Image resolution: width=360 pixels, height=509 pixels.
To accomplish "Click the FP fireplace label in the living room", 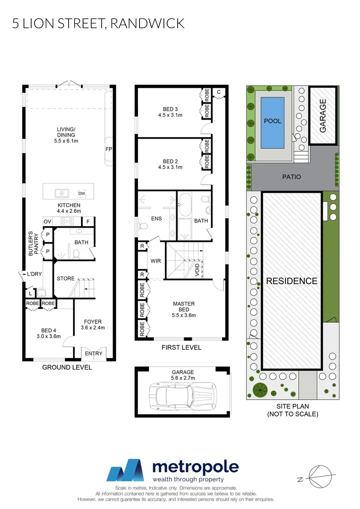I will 108,149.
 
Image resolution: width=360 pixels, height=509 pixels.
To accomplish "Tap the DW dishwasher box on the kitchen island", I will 82,193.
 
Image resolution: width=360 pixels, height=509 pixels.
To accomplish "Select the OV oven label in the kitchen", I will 47,222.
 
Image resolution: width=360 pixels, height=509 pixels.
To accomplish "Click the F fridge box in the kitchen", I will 88,222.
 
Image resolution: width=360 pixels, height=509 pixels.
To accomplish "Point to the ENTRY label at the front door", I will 93,353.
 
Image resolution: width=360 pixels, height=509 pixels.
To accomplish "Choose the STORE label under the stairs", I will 65,279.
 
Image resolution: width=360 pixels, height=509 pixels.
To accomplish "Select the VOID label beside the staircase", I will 197,269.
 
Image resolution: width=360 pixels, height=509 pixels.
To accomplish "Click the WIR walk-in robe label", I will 156,261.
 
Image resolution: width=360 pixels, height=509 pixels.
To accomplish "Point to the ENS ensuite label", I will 155,219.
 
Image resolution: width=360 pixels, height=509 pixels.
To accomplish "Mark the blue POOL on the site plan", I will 272,121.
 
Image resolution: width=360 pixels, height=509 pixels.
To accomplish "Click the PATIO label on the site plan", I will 291,177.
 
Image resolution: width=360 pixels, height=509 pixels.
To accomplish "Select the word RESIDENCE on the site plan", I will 292,281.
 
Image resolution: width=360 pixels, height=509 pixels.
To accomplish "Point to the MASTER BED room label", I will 184,307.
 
